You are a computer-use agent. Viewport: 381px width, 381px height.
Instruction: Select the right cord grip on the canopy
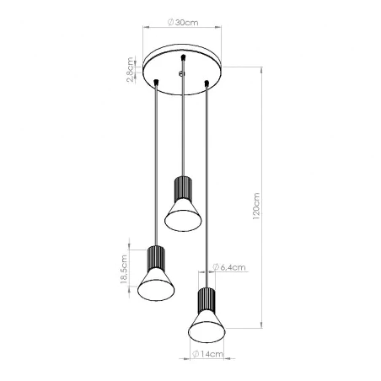[207, 81]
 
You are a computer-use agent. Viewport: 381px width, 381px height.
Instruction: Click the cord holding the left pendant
[155, 169]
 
